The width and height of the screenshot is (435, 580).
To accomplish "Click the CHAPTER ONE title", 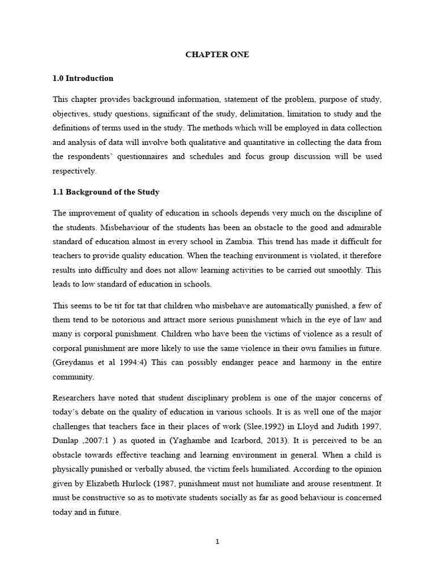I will click(217, 55).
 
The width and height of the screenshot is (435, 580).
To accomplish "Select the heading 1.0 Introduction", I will click(83, 79).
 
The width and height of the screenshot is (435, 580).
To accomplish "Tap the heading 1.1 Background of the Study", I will click(106, 192).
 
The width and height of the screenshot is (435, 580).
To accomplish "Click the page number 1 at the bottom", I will click(217, 541).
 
